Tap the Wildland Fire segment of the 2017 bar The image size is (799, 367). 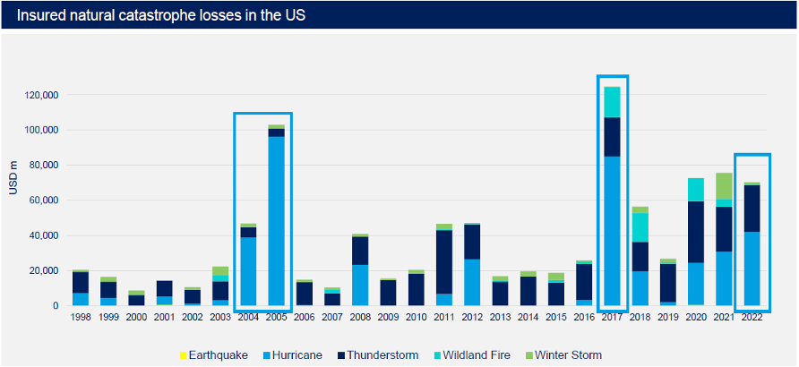[614, 102]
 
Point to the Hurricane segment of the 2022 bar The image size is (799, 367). [752, 269]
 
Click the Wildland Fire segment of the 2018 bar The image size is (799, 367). [641, 227]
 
